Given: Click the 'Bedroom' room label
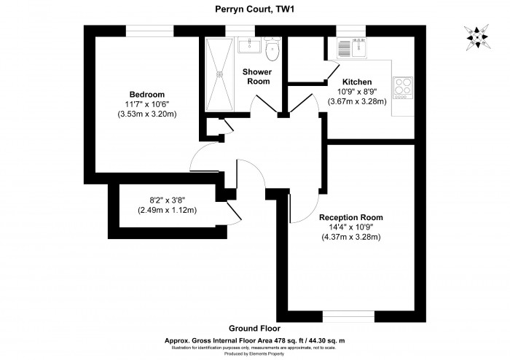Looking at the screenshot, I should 146,95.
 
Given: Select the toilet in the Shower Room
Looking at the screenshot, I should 272,50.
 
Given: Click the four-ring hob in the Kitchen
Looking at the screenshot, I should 402,88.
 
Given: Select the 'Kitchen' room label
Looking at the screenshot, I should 357,82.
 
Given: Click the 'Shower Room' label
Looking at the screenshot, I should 256,76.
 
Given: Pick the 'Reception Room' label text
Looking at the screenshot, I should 351,217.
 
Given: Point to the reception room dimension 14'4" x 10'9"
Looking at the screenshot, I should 351,227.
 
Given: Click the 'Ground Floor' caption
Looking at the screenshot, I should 254,329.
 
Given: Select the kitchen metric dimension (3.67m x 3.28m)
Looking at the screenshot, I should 357,101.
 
